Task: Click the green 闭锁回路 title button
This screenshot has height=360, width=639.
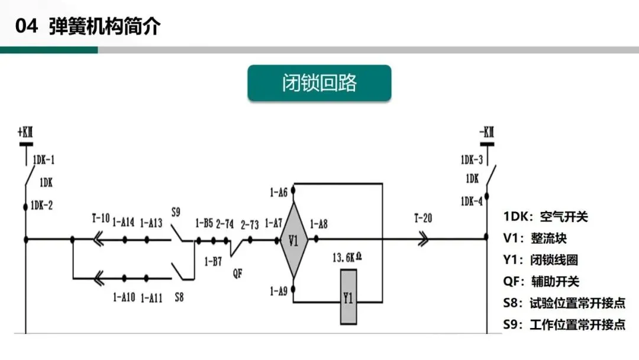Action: coord(319,83)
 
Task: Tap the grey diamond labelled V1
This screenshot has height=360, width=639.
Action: coord(293,240)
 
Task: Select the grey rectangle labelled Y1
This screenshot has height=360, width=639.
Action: coord(348,297)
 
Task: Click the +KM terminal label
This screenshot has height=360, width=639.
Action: coord(26,131)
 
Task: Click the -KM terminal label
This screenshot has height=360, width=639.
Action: coord(486,131)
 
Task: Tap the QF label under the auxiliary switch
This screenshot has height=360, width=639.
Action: coord(238,273)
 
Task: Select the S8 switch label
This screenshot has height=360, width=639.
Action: coord(179,297)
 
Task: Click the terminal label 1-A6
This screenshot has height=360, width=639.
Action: coord(278,192)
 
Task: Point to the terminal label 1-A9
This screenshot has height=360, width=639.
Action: coord(278,291)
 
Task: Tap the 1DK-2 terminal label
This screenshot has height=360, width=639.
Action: coord(42,205)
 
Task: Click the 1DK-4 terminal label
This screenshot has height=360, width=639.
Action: coord(472,201)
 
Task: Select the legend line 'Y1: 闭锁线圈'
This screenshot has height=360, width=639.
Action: coord(540,260)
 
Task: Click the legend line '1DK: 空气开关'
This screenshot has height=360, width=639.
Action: coord(546,217)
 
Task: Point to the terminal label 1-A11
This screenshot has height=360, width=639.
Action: coord(151,297)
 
